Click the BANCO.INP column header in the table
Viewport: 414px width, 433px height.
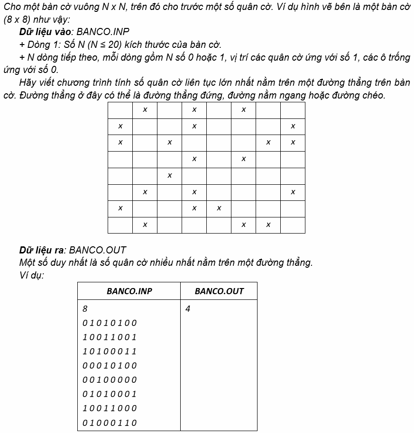click(x=129, y=291)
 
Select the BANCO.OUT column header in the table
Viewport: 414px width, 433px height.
click(x=219, y=291)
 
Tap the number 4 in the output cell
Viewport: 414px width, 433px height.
click(x=188, y=309)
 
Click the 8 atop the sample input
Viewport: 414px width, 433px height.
click(x=85, y=309)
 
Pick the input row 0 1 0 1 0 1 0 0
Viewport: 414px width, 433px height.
click(x=110, y=323)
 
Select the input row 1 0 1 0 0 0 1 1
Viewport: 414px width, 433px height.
click(x=110, y=352)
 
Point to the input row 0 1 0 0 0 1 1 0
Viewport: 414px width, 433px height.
click(x=110, y=423)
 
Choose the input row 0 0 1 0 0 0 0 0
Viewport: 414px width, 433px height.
click(x=110, y=380)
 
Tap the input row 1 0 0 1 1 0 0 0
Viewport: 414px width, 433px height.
click(x=110, y=408)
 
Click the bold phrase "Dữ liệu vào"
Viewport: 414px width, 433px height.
click(x=46, y=32)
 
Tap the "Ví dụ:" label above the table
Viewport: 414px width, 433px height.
click(x=32, y=275)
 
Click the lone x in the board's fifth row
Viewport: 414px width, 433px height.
click(x=169, y=176)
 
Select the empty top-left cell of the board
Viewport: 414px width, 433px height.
click(x=120, y=110)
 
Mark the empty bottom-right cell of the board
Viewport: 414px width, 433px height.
click(x=293, y=225)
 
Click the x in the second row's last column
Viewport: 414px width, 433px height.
click(x=293, y=126)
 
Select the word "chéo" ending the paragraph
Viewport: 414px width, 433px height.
click(x=374, y=95)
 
